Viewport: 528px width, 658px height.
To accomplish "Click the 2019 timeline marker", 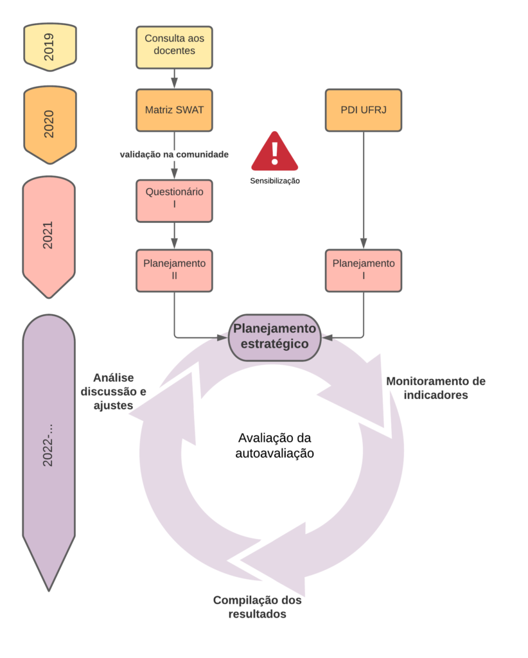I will coord(49,46).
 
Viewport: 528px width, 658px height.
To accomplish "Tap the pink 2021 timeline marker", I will coord(49,235).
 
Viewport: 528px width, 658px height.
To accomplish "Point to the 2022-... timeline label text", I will coord(48,444).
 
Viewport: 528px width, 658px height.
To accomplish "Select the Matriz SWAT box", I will coord(174,110).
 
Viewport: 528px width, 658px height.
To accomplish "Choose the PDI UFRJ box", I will coord(363,110).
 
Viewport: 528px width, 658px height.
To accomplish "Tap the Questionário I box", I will coord(174,198).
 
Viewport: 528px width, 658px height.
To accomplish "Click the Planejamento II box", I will coord(174,269).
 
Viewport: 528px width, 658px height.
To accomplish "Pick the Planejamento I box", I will coord(363,269).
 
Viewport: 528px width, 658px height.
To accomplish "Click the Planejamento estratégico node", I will coord(274,337).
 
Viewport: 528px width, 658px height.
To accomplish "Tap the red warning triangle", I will coord(274,152).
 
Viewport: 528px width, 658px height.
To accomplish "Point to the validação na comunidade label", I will coord(174,155).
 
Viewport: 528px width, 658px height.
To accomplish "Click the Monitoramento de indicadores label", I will coord(436,388).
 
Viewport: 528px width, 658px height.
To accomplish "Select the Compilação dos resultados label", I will coord(257,607).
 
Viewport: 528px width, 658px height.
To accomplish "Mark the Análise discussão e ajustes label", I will coord(114,391).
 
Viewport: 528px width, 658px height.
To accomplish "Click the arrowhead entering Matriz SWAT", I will coord(174,84).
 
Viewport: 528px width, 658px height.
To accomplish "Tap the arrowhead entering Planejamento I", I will coord(363,244).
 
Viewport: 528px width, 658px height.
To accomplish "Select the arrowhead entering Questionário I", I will coord(174,173).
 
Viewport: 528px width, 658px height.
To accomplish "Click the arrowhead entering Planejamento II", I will coord(174,244).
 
